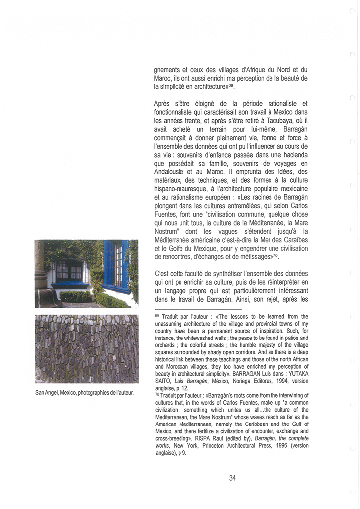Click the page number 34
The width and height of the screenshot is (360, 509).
pos(232,478)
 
